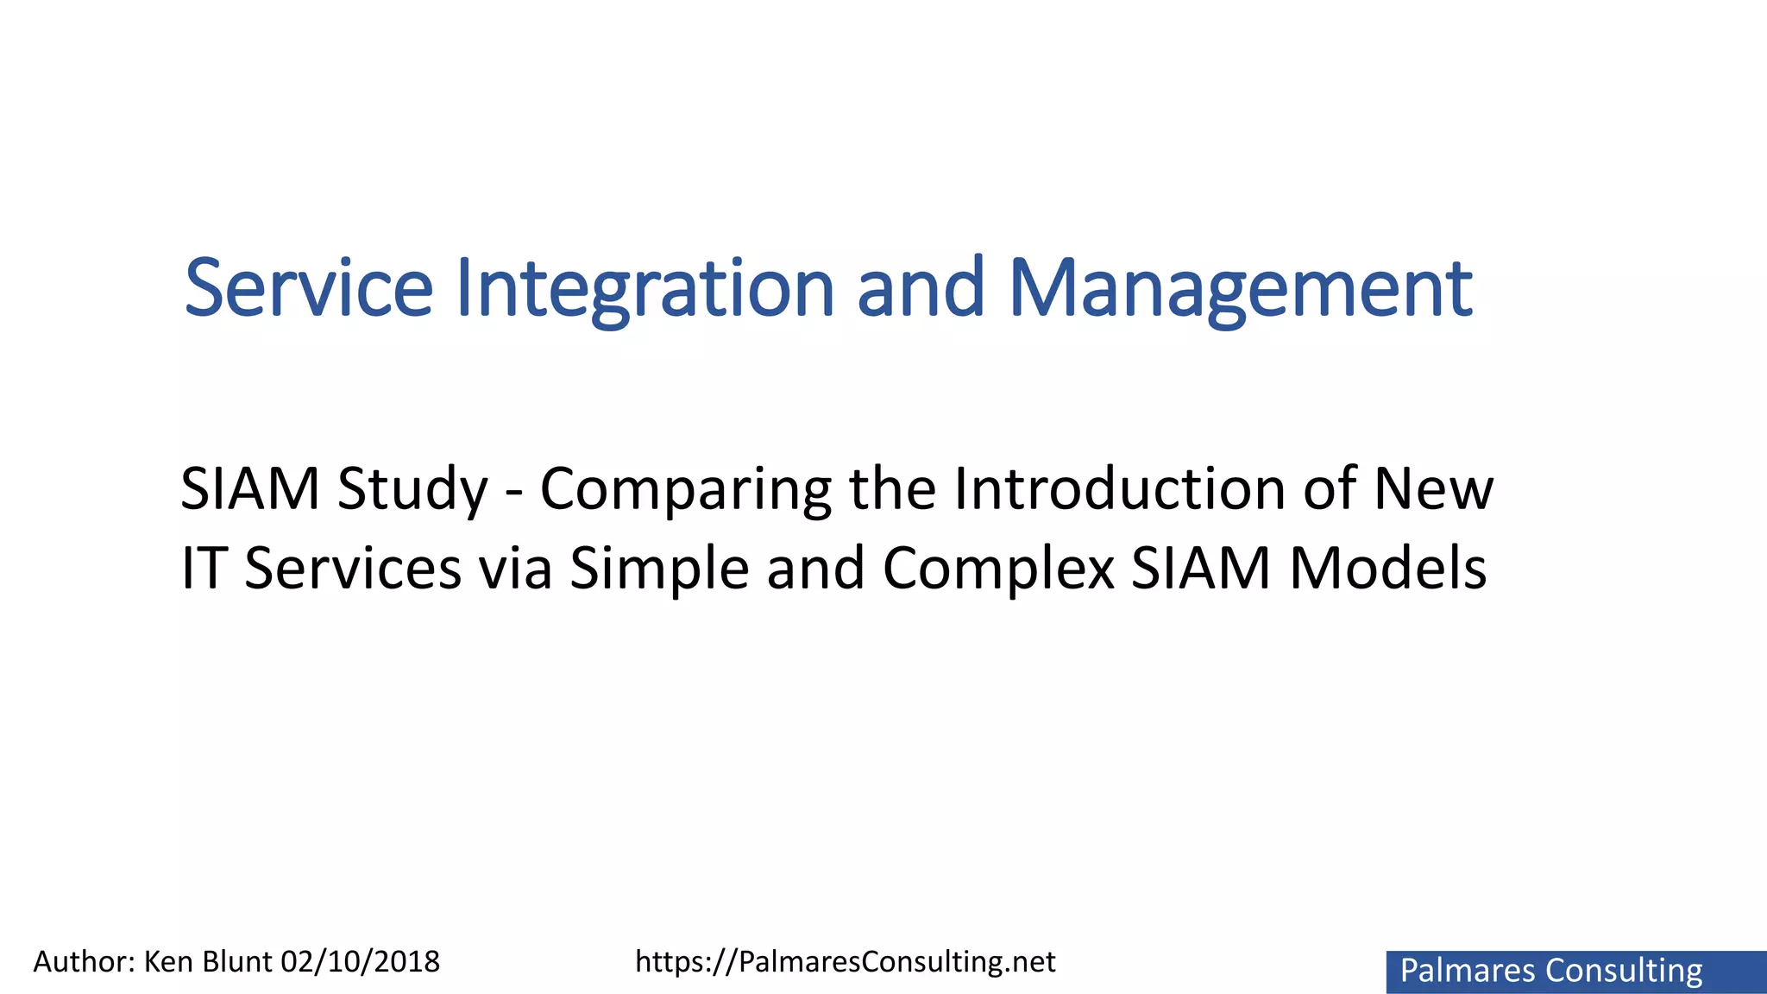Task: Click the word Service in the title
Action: point(308,288)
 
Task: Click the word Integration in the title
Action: point(645,288)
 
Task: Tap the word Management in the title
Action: point(1240,288)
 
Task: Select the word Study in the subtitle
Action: point(412,489)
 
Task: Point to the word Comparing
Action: point(685,489)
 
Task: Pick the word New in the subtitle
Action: point(1433,488)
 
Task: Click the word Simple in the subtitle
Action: point(659,569)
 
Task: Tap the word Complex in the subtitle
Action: point(998,569)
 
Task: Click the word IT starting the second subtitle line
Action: point(201,569)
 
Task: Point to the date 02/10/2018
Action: point(361,961)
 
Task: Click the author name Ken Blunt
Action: point(207,961)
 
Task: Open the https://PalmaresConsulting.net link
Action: point(845,961)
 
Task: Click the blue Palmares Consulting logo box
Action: point(1575,972)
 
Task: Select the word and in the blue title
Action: point(920,288)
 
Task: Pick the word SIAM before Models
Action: point(1201,569)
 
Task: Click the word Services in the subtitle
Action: point(353,569)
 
